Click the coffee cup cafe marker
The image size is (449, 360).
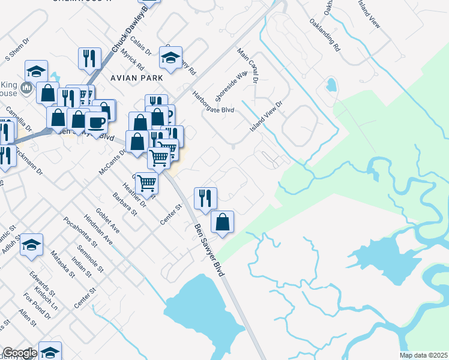pos(96,122)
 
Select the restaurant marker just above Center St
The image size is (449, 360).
pos(205,197)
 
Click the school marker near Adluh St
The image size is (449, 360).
pos(31,244)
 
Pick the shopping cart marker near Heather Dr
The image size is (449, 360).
pos(146,182)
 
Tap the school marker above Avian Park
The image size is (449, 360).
pos(170,57)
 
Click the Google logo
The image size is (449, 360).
pos(20,353)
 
